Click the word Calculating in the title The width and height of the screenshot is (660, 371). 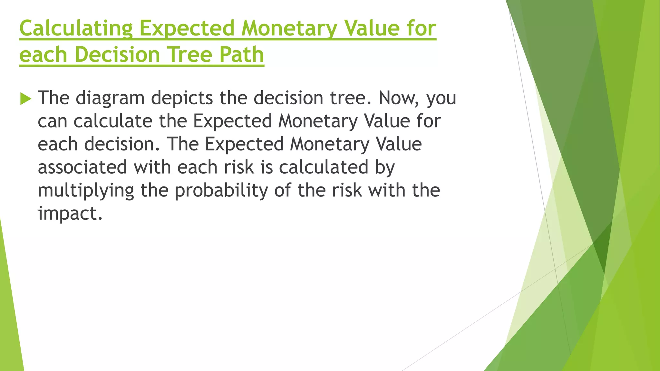pos(76,28)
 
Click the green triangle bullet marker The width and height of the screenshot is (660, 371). pos(25,98)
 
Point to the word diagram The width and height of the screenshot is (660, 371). pos(110,98)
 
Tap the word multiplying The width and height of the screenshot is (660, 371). pos(86,191)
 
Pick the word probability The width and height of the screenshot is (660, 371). pos(221,191)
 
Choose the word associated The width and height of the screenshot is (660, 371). pos(82,167)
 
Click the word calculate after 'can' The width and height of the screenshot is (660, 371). pos(113,121)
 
